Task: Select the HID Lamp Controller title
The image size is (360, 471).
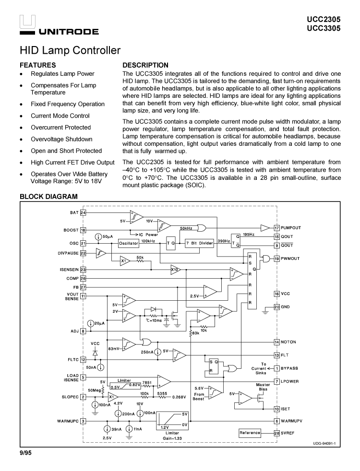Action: [70, 50]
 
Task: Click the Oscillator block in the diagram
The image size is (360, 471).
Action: [129, 243]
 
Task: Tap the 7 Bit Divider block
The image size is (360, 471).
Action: [199, 243]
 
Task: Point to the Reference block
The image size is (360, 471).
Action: [250, 433]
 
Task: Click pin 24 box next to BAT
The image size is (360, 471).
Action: [83, 212]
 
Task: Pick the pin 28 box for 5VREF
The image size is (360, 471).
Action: [277, 433]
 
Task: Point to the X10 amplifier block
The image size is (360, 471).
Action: [175, 270]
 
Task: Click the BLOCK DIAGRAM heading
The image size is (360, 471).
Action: [48, 197]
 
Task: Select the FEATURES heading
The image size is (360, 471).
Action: [37, 65]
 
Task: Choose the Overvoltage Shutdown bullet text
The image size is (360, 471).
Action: [61, 139]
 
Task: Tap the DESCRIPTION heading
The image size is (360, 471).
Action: [145, 65]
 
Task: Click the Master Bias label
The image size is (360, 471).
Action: [263, 387]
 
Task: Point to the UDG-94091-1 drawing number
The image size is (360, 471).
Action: [324, 443]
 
